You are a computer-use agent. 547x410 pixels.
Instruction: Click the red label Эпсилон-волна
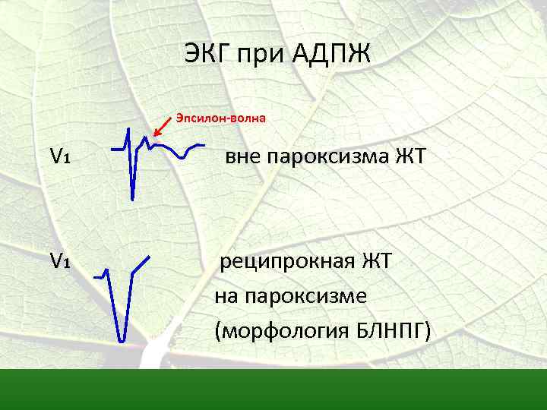tap(221, 118)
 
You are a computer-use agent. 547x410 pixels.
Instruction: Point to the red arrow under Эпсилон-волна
tap(161, 132)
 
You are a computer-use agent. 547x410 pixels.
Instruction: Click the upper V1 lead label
tap(61, 156)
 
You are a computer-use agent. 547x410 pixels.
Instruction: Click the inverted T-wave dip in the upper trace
tap(182, 156)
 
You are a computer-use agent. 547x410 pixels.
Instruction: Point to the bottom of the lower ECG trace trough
tap(121, 339)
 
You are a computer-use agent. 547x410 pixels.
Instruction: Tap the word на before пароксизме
tap(226, 297)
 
